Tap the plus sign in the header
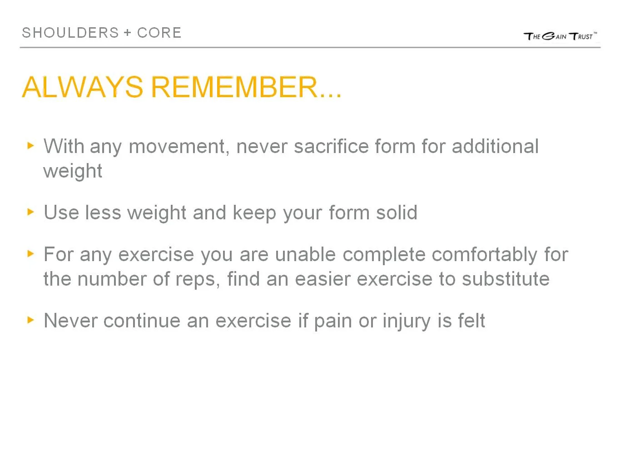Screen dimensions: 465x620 click(127, 33)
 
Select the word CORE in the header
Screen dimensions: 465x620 click(159, 33)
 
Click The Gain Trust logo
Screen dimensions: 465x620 click(560, 36)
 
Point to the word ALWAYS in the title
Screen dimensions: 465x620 click(82, 87)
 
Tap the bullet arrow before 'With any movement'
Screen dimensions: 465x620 click(31, 145)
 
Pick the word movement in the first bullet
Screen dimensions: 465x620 click(179, 147)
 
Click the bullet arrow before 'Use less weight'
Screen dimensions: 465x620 click(31, 212)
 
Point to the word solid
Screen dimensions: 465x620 click(397, 213)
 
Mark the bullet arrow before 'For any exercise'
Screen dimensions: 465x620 click(31, 253)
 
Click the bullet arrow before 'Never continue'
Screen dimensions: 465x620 click(31, 320)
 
